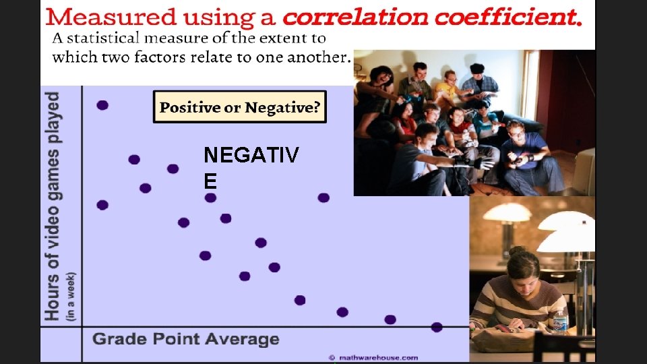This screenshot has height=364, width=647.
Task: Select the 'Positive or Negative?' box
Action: click(x=240, y=107)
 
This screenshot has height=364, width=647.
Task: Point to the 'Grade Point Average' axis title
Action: click(x=185, y=338)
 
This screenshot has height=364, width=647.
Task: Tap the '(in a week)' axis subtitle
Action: click(x=70, y=295)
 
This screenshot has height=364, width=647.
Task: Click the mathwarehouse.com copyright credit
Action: click(x=373, y=357)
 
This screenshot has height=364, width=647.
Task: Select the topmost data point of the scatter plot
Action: click(x=102, y=105)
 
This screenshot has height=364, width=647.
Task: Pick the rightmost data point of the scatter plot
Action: click(x=437, y=327)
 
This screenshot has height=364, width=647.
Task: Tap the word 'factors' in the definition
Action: click(x=164, y=57)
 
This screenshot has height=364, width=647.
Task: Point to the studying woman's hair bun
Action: click(x=518, y=251)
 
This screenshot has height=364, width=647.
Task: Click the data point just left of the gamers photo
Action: click(x=323, y=198)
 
